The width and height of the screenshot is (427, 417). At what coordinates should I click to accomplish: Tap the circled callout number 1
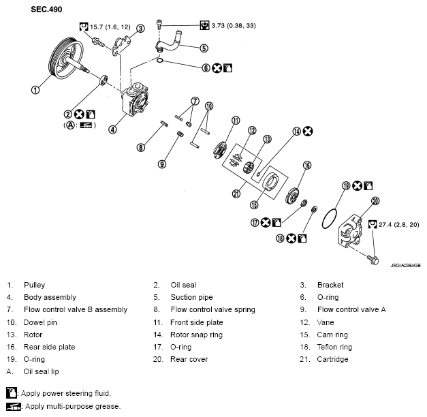pos(35,88)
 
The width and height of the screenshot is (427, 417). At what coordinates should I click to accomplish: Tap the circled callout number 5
pos(204,48)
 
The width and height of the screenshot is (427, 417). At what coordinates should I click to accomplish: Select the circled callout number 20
pos(375,200)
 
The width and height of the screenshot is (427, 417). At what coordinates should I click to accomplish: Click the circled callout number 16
pos(307,165)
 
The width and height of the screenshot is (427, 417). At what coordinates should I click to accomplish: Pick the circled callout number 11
pos(236,121)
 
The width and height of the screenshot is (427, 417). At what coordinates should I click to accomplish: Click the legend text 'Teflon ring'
pos(336,347)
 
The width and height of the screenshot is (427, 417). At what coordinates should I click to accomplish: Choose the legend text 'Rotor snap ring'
pos(196,335)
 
